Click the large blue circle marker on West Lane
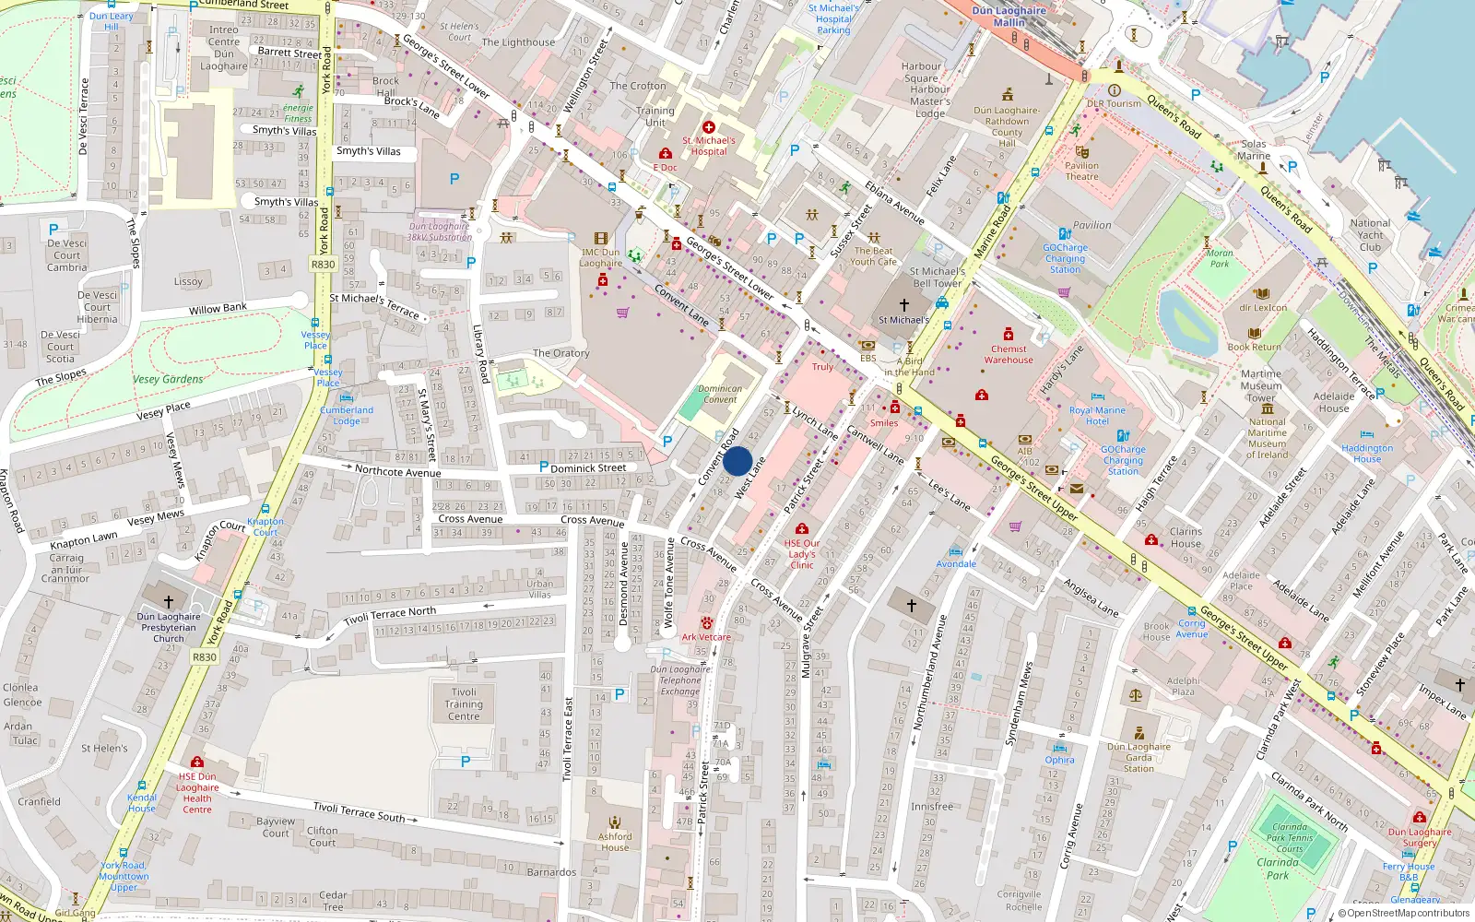click(x=737, y=461)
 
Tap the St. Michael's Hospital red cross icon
click(x=708, y=127)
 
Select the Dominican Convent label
click(x=720, y=395)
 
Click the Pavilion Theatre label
click(x=1081, y=171)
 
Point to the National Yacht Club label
click(x=1370, y=234)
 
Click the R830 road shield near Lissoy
click(x=324, y=265)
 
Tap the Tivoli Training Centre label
click(x=464, y=704)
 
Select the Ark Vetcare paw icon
click(x=706, y=623)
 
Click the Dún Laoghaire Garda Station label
click(x=1139, y=758)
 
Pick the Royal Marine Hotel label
click(x=1097, y=416)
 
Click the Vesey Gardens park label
click(x=168, y=379)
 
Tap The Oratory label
click(x=560, y=353)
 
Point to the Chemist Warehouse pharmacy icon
click(x=1009, y=335)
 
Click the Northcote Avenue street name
click(x=398, y=472)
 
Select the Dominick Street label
click(x=588, y=468)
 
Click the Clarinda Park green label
click(x=1277, y=869)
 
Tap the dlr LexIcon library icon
click(x=1262, y=294)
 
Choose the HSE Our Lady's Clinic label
click(x=802, y=554)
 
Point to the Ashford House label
click(x=615, y=842)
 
